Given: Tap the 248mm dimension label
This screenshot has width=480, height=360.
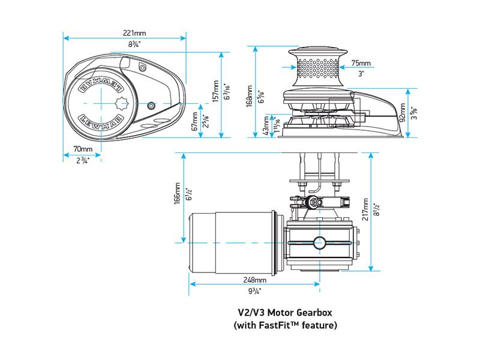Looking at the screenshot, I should tap(255, 280).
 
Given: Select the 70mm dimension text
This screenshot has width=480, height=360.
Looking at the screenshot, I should tap(83, 149).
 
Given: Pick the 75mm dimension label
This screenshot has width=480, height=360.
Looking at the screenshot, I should tap(361, 63).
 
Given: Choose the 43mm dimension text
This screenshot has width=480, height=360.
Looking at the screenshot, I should tap(266, 128).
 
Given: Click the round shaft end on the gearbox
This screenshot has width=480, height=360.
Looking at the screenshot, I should tap(319, 242).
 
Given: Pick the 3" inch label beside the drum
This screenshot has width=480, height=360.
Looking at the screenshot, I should tap(361, 74).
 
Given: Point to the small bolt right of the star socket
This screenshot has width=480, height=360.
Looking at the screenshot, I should tap(151, 105).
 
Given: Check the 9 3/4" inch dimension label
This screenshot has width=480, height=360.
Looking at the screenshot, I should tap(255, 291).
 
